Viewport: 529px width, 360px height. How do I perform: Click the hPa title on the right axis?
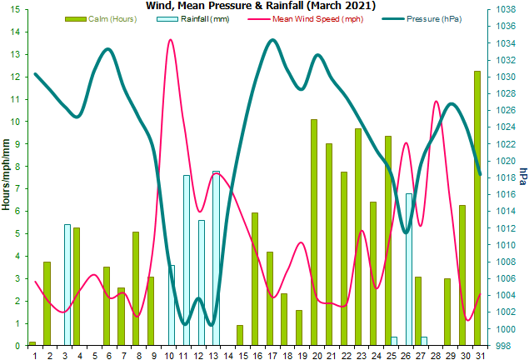[522, 176]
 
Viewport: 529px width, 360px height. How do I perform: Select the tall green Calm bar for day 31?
[477, 208]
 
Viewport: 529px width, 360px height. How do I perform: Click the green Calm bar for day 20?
[314, 232]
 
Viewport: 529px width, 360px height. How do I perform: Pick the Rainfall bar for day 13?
[216, 258]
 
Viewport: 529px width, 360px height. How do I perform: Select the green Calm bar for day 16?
[254, 279]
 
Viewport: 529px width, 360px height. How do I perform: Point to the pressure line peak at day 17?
[272, 40]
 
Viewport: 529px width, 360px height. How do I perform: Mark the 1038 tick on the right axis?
[504, 9]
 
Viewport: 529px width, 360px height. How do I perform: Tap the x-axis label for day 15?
[240, 356]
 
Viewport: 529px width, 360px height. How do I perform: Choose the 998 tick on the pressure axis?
[504, 346]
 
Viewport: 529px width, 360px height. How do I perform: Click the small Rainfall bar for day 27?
[424, 341]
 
